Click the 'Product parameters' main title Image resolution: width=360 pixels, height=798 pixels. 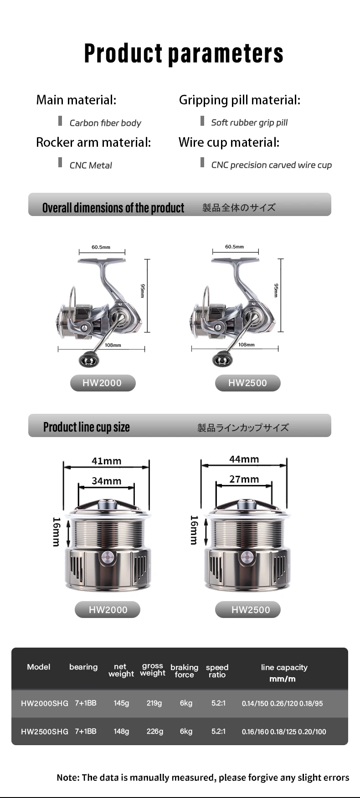184,53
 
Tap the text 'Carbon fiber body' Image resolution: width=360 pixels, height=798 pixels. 105,123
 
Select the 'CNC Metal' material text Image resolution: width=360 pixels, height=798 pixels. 91,165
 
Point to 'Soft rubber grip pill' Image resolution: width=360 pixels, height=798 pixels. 249,123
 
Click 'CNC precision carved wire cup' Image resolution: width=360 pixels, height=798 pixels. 271,165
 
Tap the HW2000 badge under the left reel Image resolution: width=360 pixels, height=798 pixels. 103,383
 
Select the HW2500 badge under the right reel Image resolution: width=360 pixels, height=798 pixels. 247,383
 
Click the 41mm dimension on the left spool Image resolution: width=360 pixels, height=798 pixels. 107,461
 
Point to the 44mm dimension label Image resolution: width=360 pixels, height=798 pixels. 244,459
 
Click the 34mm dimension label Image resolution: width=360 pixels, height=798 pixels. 107,481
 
